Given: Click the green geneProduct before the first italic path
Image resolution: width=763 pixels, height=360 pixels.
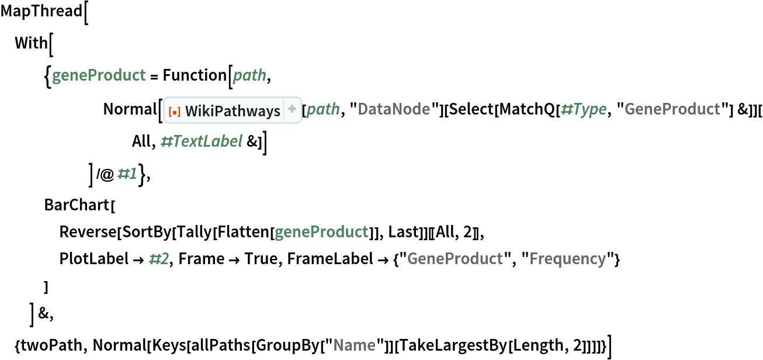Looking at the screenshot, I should click(x=99, y=75).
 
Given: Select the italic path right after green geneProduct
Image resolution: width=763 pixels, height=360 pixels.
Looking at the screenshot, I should click(x=249, y=75).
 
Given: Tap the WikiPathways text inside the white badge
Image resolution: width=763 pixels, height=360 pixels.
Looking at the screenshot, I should click(x=233, y=110).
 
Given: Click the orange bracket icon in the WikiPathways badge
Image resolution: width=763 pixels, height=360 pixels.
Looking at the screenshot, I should click(x=174, y=110).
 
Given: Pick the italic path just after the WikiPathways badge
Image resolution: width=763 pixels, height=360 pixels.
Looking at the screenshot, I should click(x=323, y=109).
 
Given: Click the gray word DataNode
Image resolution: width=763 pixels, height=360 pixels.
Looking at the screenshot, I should click(x=394, y=109).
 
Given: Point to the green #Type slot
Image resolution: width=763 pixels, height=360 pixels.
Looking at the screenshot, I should click(x=583, y=109).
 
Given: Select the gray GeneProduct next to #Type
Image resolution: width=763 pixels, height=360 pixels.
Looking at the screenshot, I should click(x=672, y=109).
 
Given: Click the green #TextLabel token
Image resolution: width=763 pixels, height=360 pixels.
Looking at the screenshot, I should click(x=202, y=141).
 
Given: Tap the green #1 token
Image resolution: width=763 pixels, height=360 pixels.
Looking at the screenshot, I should click(x=127, y=174).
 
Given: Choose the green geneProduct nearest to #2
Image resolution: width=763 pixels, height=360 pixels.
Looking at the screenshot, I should click(x=321, y=232).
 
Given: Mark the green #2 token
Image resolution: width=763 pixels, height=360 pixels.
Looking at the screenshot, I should click(x=159, y=259).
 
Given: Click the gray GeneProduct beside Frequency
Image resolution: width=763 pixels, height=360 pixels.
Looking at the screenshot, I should click(x=455, y=259).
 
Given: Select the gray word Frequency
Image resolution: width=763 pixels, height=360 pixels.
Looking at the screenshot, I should click(x=567, y=259).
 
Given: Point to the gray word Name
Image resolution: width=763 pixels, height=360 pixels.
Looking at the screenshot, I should click(x=354, y=345).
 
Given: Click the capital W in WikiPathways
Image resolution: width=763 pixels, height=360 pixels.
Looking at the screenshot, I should click(x=192, y=110).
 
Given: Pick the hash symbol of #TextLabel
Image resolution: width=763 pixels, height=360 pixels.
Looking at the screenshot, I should click(x=165, y=141).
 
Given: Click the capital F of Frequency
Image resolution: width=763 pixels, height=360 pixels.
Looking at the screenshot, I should click(x=533, y=259).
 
